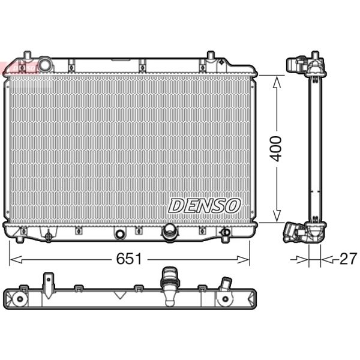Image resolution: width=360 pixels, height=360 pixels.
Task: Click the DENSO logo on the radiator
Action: tap(204, 205)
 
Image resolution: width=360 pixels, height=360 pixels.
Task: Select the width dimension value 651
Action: tap(128, 259)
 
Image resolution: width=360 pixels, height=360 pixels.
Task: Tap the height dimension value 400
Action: tap(275, 148)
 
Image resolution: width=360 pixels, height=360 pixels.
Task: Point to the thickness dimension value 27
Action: tap(347, 259)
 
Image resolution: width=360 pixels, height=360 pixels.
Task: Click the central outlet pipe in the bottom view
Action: tap(169, 282)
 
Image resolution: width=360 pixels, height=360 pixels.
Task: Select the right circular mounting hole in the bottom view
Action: tap(225, 299)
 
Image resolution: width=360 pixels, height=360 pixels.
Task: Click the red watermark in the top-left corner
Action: tap(18, 68)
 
